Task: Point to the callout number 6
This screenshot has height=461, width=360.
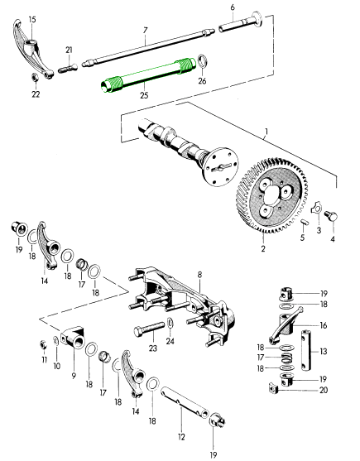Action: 233,7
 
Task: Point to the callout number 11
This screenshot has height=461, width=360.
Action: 44,358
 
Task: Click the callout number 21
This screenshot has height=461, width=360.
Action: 70,50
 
